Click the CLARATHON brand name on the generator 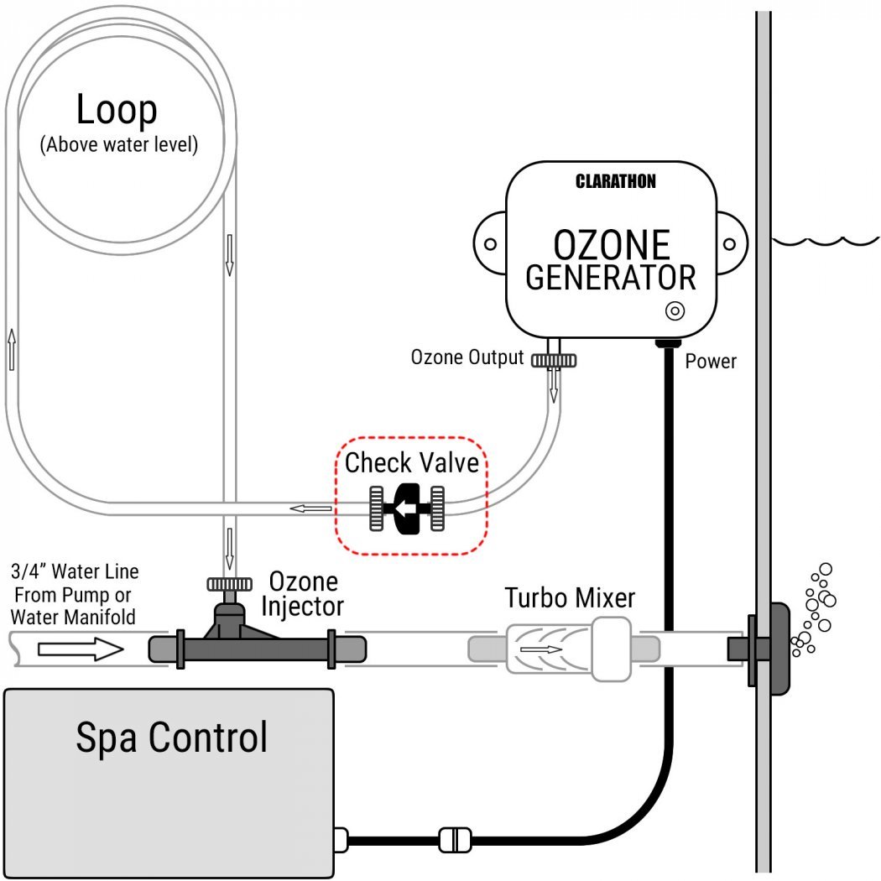pyautogui.click(x=616, y=181)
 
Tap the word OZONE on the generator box pyautogui.click(x=612, y=244)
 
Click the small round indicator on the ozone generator pyautogui.click(x=674, y=310)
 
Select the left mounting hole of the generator pyautogui.click(x=491, y=244)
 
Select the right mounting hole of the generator pyautogui.click(x=730, y=244)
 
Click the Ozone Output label pyautogui.click(x=466, y=357)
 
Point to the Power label pyautogui.click(x=711, y=362)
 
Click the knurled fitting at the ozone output pyautogui.click(x=553, y=360)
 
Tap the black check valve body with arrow pyautogui.click(x=408, y=508)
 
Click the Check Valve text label pyautogui.click(x=412, y=462)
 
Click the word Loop pyautogui.click(x=116, y=109)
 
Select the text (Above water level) pyautogui.click(x=118, y=144)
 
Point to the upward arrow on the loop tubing pyautogui.click(x=12, y=349)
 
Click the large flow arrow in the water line pyautogui.click(x=81, y=648)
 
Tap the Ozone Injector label pyautogui.click(x=303, y=593)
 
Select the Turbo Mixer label pyautogui.click(x=570, y=598)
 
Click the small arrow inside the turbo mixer pyautogui.click(x=541, y=649)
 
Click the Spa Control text pyautogui.click(x=171, y=737)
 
